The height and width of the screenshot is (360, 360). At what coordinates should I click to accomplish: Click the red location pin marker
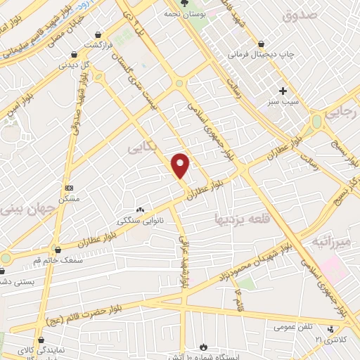[x=181, y=165]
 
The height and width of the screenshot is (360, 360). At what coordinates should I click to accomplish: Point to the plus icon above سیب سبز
[x=283, y=91]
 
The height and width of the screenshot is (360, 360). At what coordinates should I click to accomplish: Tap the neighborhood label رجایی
[x=344, y=111]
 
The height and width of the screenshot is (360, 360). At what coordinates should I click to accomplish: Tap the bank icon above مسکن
[x=69, y=188]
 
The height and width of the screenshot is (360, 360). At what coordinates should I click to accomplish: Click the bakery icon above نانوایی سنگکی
[x=139, y=209]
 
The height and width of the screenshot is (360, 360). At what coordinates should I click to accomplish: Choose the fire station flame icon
[x=203, y=347]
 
